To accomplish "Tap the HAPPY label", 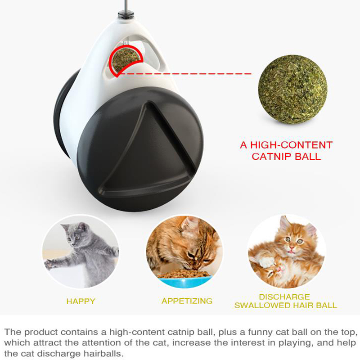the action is (x=81, y=301).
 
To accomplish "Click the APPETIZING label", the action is (x=187, y=301).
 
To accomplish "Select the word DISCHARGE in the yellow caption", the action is (x=284, y=297).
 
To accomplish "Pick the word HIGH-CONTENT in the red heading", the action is (x=291, y=145).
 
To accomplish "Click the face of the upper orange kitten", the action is (x=293, y=243).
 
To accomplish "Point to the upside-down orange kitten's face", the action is (x=274, y=270).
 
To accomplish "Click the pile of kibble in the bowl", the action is (x=183, y=273).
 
